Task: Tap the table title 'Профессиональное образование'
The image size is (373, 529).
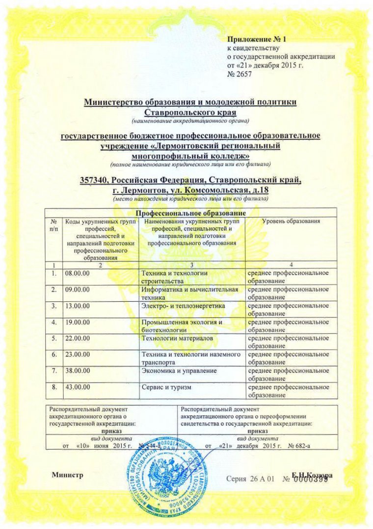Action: [190, 213]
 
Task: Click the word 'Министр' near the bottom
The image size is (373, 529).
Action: [67, 475]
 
